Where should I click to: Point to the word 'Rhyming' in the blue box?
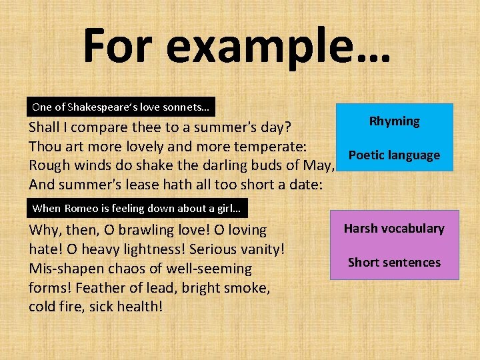coord(394,121)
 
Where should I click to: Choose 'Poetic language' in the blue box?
coord(394,155)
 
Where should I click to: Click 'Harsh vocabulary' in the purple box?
coord(393,229)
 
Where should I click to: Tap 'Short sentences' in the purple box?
coord(394,262)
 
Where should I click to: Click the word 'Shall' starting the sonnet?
coord(45,127)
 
